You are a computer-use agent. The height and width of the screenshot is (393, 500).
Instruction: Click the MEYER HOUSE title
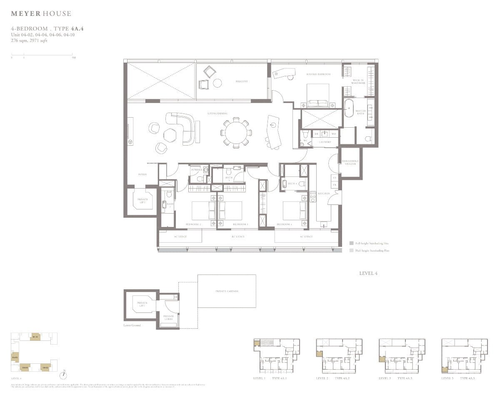tap(41, 14)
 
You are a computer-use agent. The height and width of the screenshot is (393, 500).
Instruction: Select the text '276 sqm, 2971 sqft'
tap(29, 40)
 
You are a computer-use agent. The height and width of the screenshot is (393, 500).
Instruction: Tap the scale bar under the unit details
tap(42, 54)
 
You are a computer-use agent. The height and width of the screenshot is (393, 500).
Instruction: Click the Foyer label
tap(142, 174)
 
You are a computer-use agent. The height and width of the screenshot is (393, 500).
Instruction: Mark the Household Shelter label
tap(350, 162)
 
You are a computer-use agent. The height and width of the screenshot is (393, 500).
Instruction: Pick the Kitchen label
tap(324, 194)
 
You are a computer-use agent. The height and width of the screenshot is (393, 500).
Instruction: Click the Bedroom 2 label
tap(193, 224)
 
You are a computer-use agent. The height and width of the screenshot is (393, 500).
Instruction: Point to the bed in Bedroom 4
tap(294, 211)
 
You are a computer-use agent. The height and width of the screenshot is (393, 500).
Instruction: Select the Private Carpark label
tap(227, 291)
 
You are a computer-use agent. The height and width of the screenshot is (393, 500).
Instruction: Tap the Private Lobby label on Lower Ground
tap(168, 317)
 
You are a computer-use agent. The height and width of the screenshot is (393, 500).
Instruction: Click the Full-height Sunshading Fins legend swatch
tap(352, 243)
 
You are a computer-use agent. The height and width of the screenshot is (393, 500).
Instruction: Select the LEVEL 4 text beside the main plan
tap(368, 273)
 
